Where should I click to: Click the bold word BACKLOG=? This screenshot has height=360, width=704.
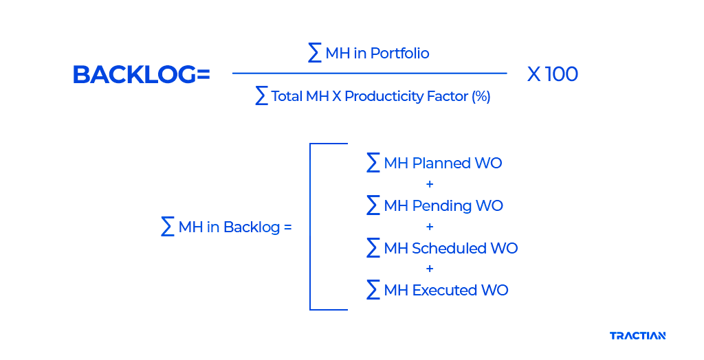141,75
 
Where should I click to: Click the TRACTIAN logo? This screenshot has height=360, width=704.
637,336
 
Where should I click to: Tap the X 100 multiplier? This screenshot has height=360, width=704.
552,74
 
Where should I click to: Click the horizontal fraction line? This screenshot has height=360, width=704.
369,73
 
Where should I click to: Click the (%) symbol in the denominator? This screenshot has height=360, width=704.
481,96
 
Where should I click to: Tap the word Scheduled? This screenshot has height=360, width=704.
450,249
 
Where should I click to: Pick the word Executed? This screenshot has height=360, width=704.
445,291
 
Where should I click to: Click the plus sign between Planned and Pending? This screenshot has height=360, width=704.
430,185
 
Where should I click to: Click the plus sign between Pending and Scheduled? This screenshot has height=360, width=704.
430,227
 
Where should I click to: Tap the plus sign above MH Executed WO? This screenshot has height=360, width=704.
430,269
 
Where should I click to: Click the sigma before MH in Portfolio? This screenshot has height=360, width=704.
315,53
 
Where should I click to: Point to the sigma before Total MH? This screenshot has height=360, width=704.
261,96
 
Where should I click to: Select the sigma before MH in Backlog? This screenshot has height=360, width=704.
167,227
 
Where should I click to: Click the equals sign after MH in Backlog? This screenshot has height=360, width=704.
287,227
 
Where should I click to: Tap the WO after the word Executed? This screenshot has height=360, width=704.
495,291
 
